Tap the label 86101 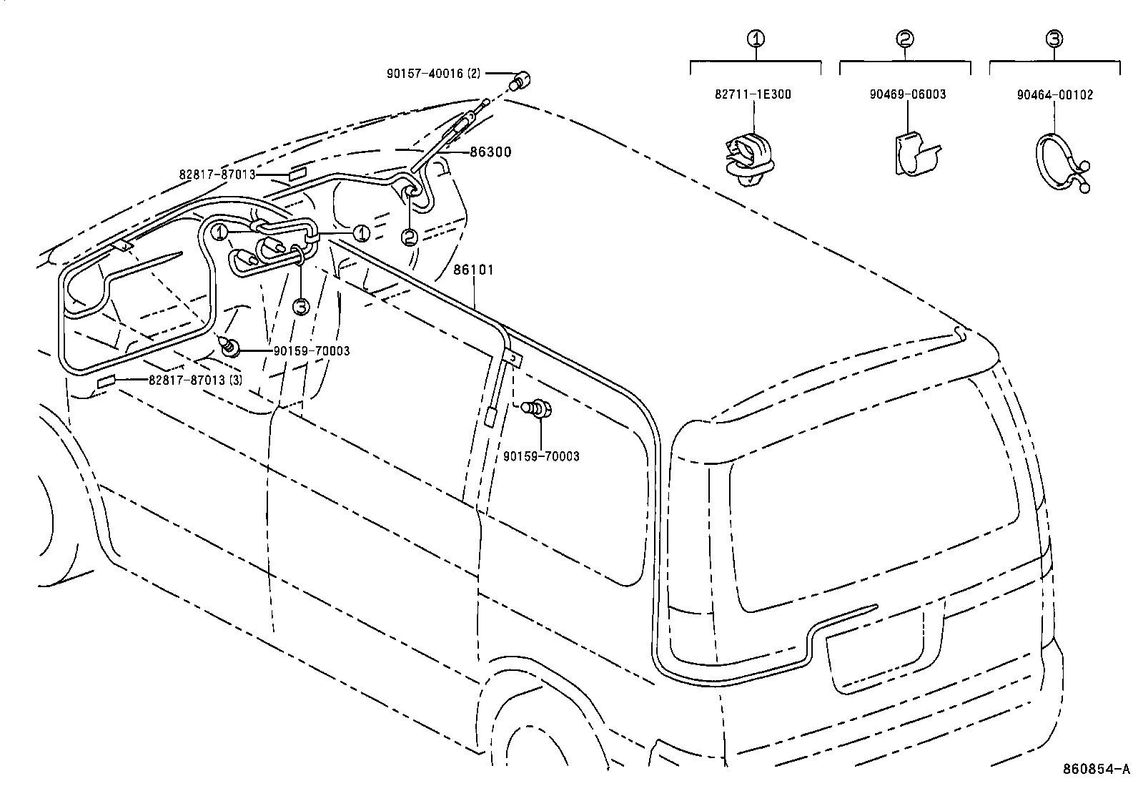pyautogui.click(x=473, y=270)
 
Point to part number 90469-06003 pyautogui.click(x=908, y=94)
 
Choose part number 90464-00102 pyautogui.click(x=1055, y=94)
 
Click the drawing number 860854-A pyautogui.click(x=1097, y=769)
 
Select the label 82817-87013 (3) pyautogui.click(x=195, y=380)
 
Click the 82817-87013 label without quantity pyautogui.click(x=217, y=175)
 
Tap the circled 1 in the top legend pyautogui.click(x=756, y=39)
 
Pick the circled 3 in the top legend pyautogui.click(x=1055, y=39)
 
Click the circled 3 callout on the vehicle pyautogui.click(x=301, y=306)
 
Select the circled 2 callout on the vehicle pyautogui.click(x=409, y=237)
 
